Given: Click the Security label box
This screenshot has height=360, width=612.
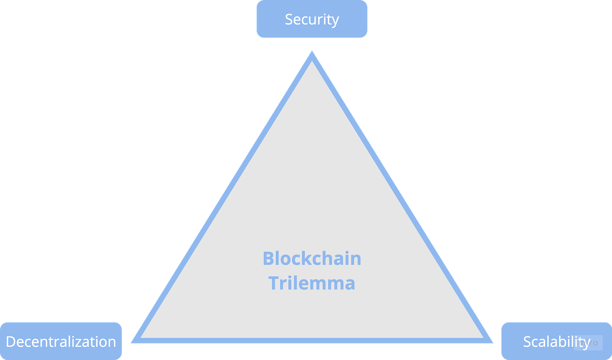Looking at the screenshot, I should [312, 19].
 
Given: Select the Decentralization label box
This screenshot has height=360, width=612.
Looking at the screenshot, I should [61, 341].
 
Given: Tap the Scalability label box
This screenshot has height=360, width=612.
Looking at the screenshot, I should [557, 341].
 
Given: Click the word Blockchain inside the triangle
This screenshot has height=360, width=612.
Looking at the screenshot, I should [312, 258].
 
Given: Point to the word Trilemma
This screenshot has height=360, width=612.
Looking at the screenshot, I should [312, 283].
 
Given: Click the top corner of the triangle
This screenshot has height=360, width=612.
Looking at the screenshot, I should [312, 54].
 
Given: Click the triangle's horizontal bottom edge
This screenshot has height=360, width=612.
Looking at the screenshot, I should [312, 341].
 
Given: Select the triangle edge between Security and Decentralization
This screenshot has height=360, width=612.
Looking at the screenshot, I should [223, 198].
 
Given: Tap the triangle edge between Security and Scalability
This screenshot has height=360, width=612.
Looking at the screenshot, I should [401, 198].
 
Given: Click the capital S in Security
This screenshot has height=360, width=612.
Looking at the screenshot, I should [289, 19].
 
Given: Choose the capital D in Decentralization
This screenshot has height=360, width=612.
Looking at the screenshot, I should [11, 341].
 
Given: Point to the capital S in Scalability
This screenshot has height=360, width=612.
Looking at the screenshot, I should [527, 341].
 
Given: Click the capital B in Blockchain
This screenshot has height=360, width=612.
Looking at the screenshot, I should [268, 258].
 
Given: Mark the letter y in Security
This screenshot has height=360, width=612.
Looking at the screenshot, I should [335, 21].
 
